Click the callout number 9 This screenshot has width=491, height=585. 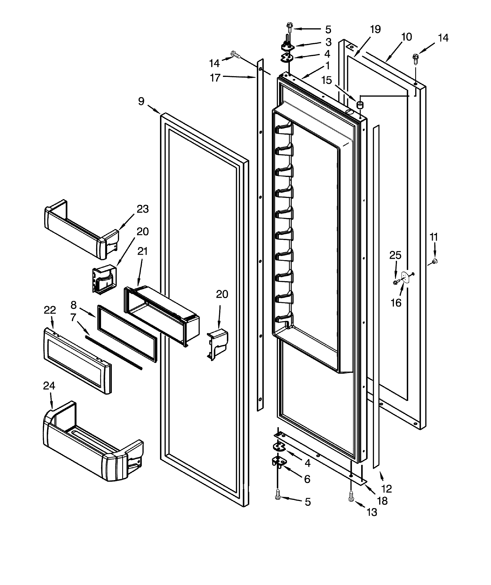(x=141, y=101)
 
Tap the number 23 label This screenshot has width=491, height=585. (x=143, y=209)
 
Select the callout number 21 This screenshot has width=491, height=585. (x=142, y=251)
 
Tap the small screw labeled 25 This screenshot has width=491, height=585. (x=395, y=283)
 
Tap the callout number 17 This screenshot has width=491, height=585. (x=215, y=78)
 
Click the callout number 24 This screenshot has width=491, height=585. (x=49, y=386)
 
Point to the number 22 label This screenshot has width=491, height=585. (x=50, y=310)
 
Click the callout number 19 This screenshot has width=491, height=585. (x=375, y=29)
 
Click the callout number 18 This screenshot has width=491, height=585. (x=382, y=501)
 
